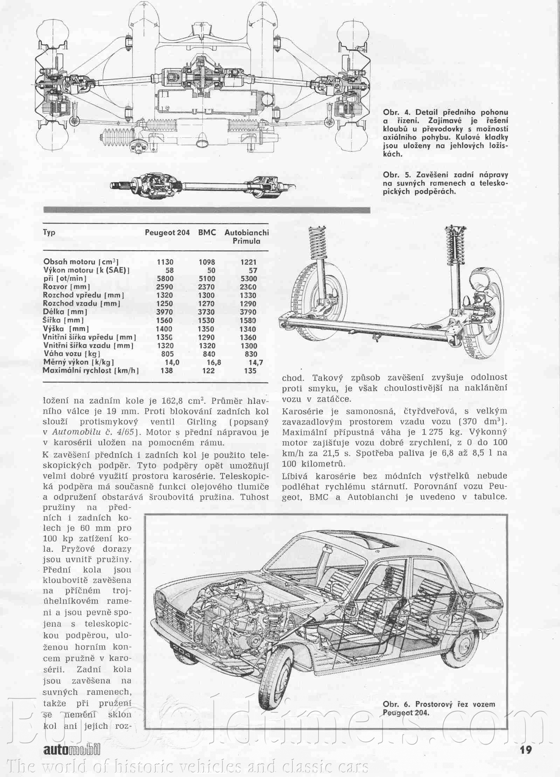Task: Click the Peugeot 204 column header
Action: tap(167, 232)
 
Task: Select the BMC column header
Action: tap(207, 232)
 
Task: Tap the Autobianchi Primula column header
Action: tap(247, 237)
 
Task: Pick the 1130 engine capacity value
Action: tap(165, 262)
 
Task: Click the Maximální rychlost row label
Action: tap(91, 370)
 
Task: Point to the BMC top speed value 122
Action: tap(208, 370)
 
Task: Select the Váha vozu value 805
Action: tap(166, 354)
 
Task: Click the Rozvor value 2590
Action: tap(164, 287)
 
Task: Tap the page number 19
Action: tap(526, 750)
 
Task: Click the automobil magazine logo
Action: tap(72, 750)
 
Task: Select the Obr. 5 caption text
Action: tap(445, 183)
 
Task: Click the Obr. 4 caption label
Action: tap(397, 112)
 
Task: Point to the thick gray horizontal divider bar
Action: tap(207, 210)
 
